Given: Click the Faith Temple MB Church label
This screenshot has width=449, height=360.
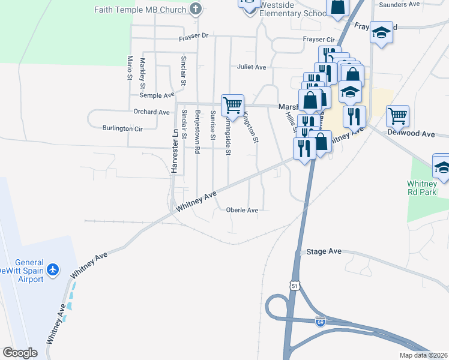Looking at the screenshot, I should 140,9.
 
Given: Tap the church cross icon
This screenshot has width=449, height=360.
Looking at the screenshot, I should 195,8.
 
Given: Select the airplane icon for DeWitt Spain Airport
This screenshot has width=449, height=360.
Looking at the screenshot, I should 53,270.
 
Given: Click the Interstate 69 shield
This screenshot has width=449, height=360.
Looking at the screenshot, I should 321,322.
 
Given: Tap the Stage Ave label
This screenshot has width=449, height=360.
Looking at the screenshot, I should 324,251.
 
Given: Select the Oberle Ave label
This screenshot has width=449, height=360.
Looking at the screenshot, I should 242,210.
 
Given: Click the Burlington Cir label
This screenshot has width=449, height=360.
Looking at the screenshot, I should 122,128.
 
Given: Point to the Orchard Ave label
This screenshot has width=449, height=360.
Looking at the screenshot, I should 152,112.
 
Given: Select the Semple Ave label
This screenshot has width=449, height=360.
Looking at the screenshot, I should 157,95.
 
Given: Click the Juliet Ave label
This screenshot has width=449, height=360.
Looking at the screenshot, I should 252,67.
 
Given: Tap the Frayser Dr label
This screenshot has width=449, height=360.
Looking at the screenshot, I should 193,37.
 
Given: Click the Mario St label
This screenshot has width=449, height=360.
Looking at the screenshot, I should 129,68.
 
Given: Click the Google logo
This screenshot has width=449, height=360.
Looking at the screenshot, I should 20,353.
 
